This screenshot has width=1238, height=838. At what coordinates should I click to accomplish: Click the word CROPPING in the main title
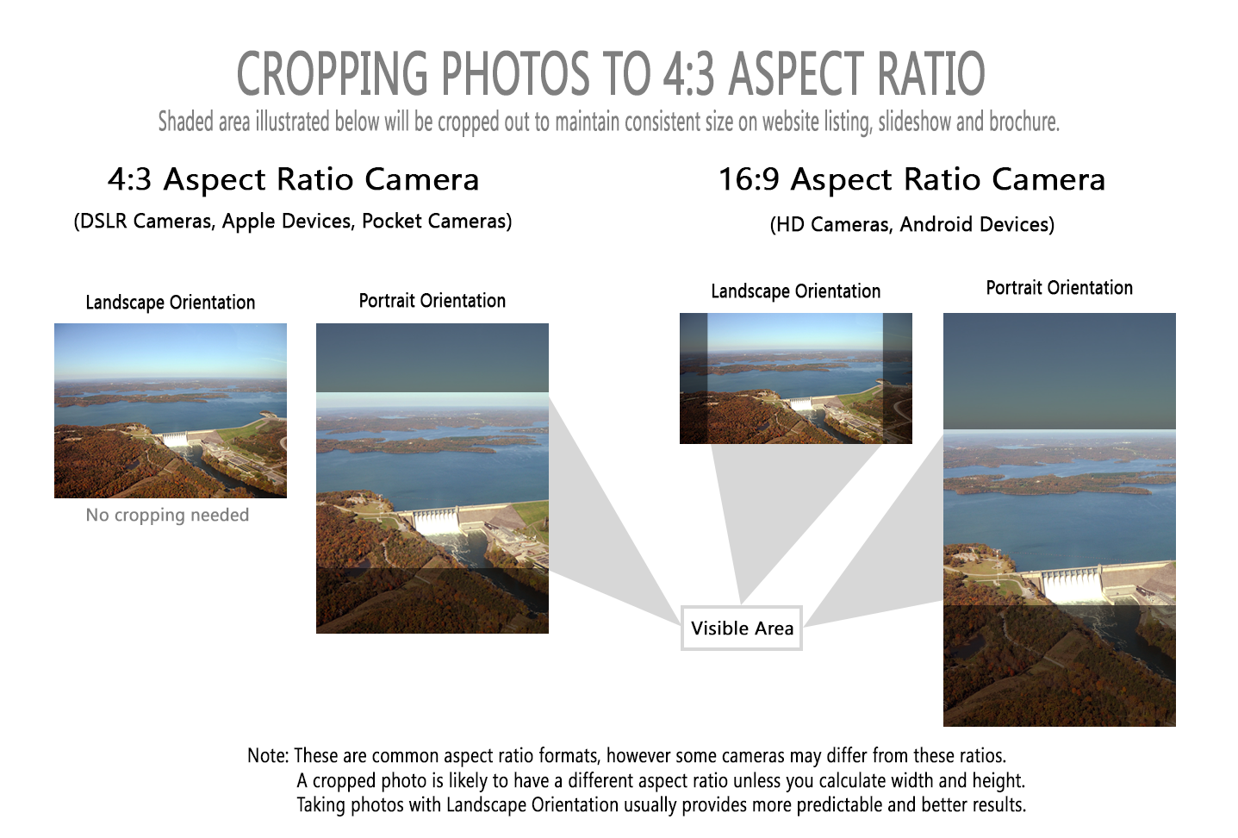[333, 73]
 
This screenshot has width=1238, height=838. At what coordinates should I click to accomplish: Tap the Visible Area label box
[742, 628]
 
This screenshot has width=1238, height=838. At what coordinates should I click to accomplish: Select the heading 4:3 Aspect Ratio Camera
[293, 179]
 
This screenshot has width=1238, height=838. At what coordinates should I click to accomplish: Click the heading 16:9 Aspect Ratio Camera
[912, 179]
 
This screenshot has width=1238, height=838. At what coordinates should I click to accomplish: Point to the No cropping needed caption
[167, 515]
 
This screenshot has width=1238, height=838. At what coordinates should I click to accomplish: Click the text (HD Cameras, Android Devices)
[912, 224]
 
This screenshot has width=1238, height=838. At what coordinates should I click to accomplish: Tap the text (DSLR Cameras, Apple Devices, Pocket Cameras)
[293, 222]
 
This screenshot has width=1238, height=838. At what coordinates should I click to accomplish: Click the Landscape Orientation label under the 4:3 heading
[171, 303]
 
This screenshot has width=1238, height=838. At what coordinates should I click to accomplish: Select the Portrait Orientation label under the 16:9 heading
[1060, 288]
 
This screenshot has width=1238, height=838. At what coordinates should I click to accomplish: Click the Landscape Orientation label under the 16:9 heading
[796, 291]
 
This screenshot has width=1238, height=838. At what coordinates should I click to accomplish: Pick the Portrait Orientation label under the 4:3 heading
[432, 300]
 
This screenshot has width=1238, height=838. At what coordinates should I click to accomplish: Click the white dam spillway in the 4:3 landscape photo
[175, 440]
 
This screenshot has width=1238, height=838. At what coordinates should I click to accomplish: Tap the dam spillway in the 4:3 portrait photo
[437, 522]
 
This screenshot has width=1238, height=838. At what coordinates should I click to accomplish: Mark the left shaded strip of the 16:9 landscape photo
[694, 378]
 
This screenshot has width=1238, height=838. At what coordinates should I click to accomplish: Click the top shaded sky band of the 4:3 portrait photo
[432, 358]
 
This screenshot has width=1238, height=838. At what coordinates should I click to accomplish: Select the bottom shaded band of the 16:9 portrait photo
[1060, 666]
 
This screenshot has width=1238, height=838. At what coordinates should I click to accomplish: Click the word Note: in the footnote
[268, 755]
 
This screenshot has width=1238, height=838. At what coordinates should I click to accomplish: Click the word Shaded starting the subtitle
[186, 122]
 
